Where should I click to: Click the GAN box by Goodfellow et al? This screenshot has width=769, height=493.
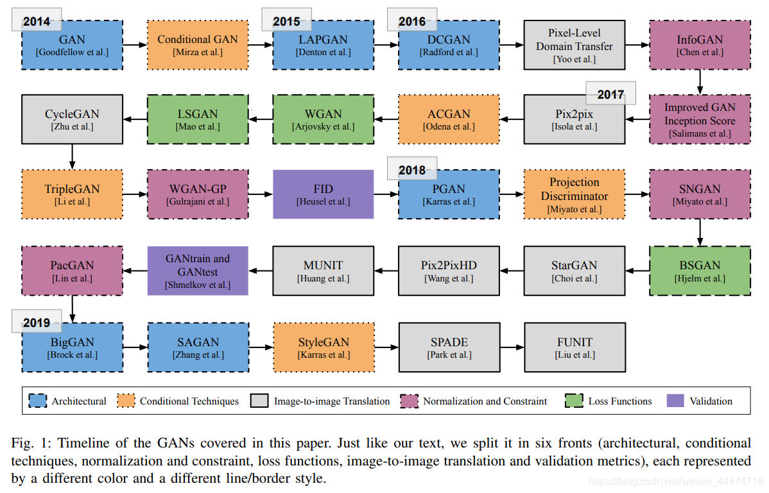point(72,46)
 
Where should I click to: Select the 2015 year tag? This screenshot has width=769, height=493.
point(286,21)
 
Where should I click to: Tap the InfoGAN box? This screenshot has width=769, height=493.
point(700,45)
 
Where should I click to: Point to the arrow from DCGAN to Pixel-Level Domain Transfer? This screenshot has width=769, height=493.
point(512,46)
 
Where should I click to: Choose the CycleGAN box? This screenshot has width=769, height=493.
point(72,119)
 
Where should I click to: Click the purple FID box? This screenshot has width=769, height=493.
point(324,194)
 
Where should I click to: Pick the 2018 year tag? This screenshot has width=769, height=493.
point(411,169)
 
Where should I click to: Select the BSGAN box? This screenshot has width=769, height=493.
point(700,271)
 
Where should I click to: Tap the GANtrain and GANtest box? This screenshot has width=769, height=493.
point(198,271)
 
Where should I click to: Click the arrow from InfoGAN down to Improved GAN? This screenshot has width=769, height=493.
point(700,82)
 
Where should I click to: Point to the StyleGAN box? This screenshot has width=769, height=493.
point(324,347)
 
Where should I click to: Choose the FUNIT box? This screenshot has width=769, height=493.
point(575,347)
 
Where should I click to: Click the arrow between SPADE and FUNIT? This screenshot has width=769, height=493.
point(512,347)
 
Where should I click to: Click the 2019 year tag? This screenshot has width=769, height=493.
point(37,322)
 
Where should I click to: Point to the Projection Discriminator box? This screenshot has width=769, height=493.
point(575,194)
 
